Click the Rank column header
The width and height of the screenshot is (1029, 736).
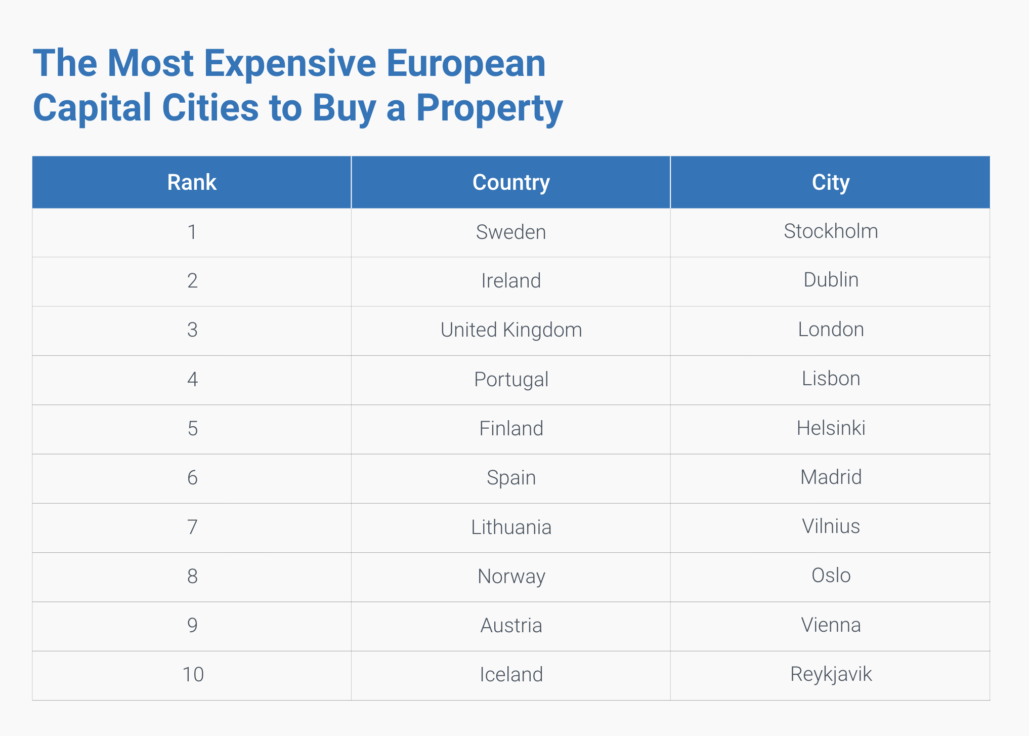(192, 182)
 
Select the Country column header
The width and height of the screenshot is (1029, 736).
(511, 182)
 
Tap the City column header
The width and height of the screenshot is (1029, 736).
(830, 182)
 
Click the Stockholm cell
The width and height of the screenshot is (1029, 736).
(831, 231)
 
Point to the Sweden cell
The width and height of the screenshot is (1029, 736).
(511, 232)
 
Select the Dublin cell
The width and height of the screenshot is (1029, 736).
(831, 280)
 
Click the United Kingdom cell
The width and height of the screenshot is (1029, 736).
(511, 330)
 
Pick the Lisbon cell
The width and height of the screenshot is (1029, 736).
(831, 379)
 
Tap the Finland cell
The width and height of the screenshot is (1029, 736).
(511, 429)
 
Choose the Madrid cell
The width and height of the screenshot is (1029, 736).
(831, 477)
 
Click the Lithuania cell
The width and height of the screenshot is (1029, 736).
(511, 527)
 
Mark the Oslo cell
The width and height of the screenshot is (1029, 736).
(831, 576)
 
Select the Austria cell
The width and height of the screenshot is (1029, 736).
(511, 626)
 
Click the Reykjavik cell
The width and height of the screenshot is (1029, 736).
(831, 674)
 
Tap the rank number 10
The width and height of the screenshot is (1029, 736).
(193, 675)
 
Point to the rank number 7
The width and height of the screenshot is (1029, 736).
(192, 527)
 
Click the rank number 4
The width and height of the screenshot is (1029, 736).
(192, 380)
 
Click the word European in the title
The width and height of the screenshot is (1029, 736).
(466, 64)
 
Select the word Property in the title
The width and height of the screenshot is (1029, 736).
(489, 109)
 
